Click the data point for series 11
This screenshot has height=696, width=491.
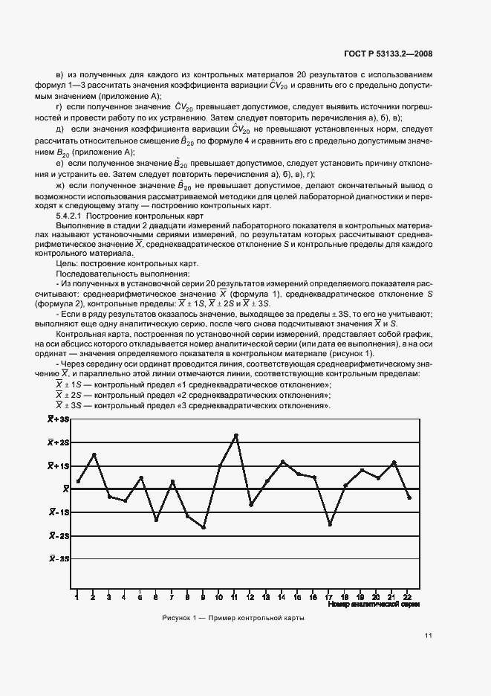tap(235, 435)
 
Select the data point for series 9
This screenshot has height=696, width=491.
tap(204, 527)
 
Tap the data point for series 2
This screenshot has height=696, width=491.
tap(94, 454)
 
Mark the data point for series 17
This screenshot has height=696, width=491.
tap(330, 524)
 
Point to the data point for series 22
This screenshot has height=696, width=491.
tap(409, 497)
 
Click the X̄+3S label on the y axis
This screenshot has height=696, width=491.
tap(59, 419)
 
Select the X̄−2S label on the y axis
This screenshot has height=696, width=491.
tap(59, 535)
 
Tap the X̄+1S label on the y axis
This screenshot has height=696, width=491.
tap(59, 465)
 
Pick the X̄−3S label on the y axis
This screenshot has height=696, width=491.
tap(59, 558)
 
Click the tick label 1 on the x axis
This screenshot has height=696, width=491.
tap(77, 596)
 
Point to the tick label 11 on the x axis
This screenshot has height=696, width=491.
tap(235, 596)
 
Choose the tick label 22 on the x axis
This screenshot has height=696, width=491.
tap(409, 596)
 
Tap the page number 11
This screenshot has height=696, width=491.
tap(429, 636)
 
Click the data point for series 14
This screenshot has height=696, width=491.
tap(282, 462)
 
